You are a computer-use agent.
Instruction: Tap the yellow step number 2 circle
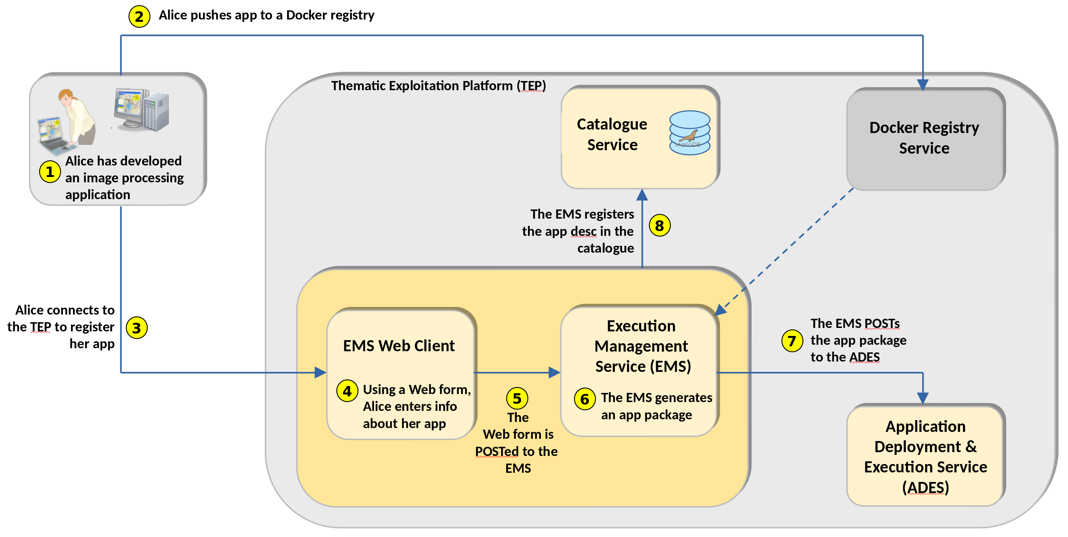tap(139, 16)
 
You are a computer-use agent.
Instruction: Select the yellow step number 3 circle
tap(137, 328)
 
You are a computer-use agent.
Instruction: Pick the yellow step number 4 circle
tap(347, 391)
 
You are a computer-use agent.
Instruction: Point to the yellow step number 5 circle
tap(517, 398)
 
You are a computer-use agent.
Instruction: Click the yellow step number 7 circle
tap(792, 341)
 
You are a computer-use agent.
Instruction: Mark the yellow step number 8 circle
tap(660, 226)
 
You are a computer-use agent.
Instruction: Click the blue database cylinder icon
tap(689, 133)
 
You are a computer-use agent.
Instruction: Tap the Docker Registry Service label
tap(924, 138)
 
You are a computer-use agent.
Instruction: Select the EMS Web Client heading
tap(399, 346)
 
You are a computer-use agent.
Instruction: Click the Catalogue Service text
tap(612, 135)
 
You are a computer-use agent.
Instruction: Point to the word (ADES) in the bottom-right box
tap(925, 488)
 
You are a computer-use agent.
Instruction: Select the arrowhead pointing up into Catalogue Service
tap(642, 195)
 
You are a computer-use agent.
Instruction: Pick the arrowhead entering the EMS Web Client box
tap(321, 372)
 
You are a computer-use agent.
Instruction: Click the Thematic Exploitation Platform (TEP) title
tap(439, 86)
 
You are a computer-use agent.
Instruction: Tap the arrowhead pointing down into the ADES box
tap(923, 398)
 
